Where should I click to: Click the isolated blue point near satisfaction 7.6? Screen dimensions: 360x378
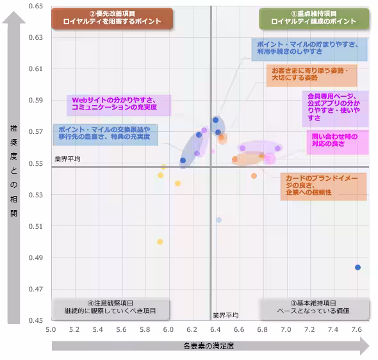tap(357, 267)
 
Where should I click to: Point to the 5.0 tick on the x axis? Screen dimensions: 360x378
tap(51, 329)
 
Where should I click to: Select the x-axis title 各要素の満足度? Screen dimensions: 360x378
tap(208, 346)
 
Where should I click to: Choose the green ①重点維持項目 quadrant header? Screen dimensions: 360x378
tap(314, 18)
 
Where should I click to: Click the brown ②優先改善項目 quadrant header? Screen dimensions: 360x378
tap(112, 18)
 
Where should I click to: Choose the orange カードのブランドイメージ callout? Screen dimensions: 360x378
tap(323, 185)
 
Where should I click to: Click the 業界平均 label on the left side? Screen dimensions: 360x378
tap(67, 159)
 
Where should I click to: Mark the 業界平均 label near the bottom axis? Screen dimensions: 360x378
tap(225, 315)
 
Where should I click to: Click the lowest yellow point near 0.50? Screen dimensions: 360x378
tap(160, 241)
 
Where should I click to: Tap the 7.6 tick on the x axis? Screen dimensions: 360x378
tap(356, 329)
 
